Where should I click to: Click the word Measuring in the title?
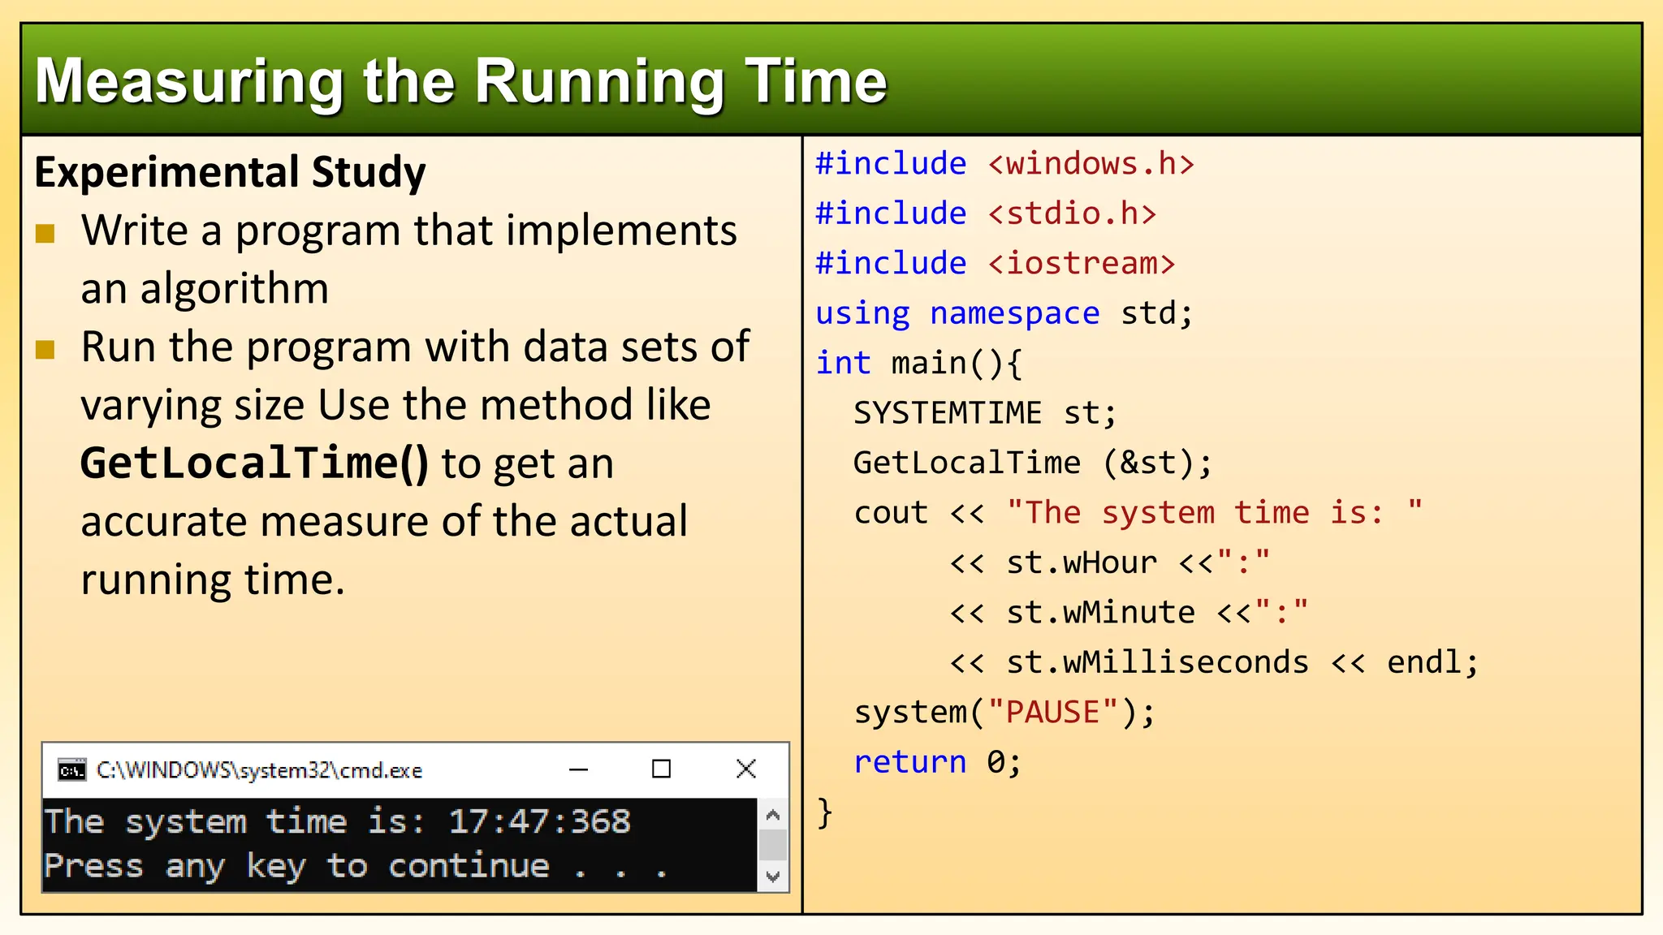pos(189,82)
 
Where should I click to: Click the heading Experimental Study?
pos(230,172)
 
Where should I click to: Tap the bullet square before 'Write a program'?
pos(45,234)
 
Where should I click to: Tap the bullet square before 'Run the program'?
pos(45,350)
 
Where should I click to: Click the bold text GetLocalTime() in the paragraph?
pos(253,463)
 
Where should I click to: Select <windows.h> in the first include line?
pos(1091,164)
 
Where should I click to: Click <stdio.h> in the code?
pos(1072,213)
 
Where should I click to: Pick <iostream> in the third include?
pos(1082,264)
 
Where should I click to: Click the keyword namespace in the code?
pos(1014,313)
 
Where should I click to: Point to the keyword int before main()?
pos(843,363)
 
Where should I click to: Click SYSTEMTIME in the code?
pos(947,413)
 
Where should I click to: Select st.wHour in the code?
pos(1081,562)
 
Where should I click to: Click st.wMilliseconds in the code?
pos(1157,662)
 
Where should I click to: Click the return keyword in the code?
pos(909,762)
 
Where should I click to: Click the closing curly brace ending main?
pos(825,812)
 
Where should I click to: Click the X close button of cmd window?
pos(745,769)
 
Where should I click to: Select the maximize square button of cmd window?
pos(661,769)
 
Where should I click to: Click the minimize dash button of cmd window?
pos(578,769)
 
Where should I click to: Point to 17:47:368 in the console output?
pos(539,821)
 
